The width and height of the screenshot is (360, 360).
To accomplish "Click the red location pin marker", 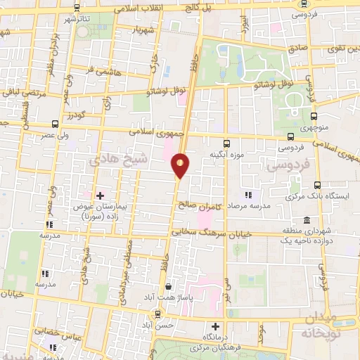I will tap(181, 165).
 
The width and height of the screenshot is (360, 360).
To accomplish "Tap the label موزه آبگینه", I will tap(226, 153).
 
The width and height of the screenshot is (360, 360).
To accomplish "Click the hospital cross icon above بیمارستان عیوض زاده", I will tap(100, 176).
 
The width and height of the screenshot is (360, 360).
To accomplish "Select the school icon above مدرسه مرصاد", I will tap(247, 175).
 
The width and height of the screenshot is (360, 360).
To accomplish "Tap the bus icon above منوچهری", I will tap(314, 116).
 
